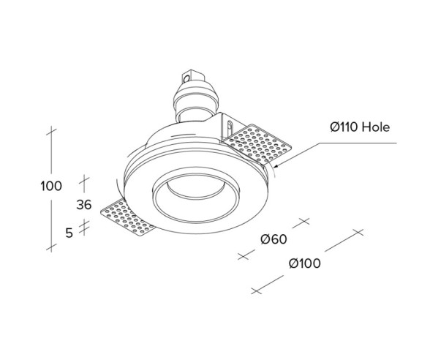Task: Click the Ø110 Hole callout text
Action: [x=360, y=127]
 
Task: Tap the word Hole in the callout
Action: [x=377, y=127]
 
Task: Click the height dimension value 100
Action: [x=51, y=186]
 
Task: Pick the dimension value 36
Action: [x=84, y=205]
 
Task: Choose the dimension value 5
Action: [x=69, y=233]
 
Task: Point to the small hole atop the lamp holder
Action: [x=188, y=75]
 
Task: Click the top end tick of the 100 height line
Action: [x=51, y=132]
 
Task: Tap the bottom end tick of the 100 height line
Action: [x=51, y=249]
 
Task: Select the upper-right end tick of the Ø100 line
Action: [x=357, y=233]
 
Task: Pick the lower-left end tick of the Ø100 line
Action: [x=256, y=290]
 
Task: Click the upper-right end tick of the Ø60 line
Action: [x=303, y=220]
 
